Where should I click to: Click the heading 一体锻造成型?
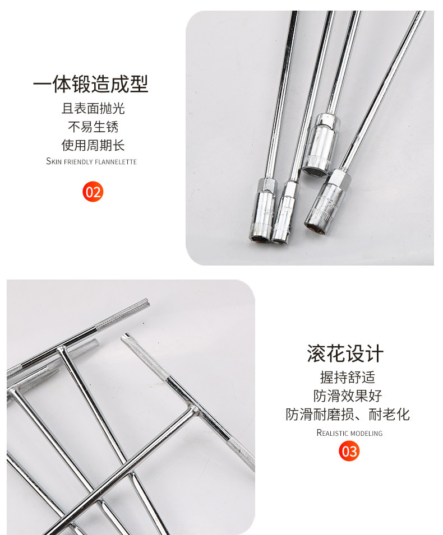tap(91, 84)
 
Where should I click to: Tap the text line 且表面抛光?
tap(93, 109)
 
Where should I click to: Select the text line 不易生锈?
tap(93, 127)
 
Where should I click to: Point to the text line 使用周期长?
tap(93, 146)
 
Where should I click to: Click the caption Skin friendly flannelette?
tap(91, 162)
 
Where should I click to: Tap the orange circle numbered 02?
tap(93, 192)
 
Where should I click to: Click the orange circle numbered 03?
tap(349, 451)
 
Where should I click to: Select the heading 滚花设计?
tap(345, 354)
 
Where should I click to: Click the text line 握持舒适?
tap(348, 378)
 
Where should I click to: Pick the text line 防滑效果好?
tap(348, 396)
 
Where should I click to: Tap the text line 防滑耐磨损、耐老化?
tap(348, 415)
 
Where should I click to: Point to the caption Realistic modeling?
tap(349, 433)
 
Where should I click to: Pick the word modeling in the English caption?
tap(367, 433)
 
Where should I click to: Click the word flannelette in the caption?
tap(117, 162)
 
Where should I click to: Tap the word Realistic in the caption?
tap(333, 433)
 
